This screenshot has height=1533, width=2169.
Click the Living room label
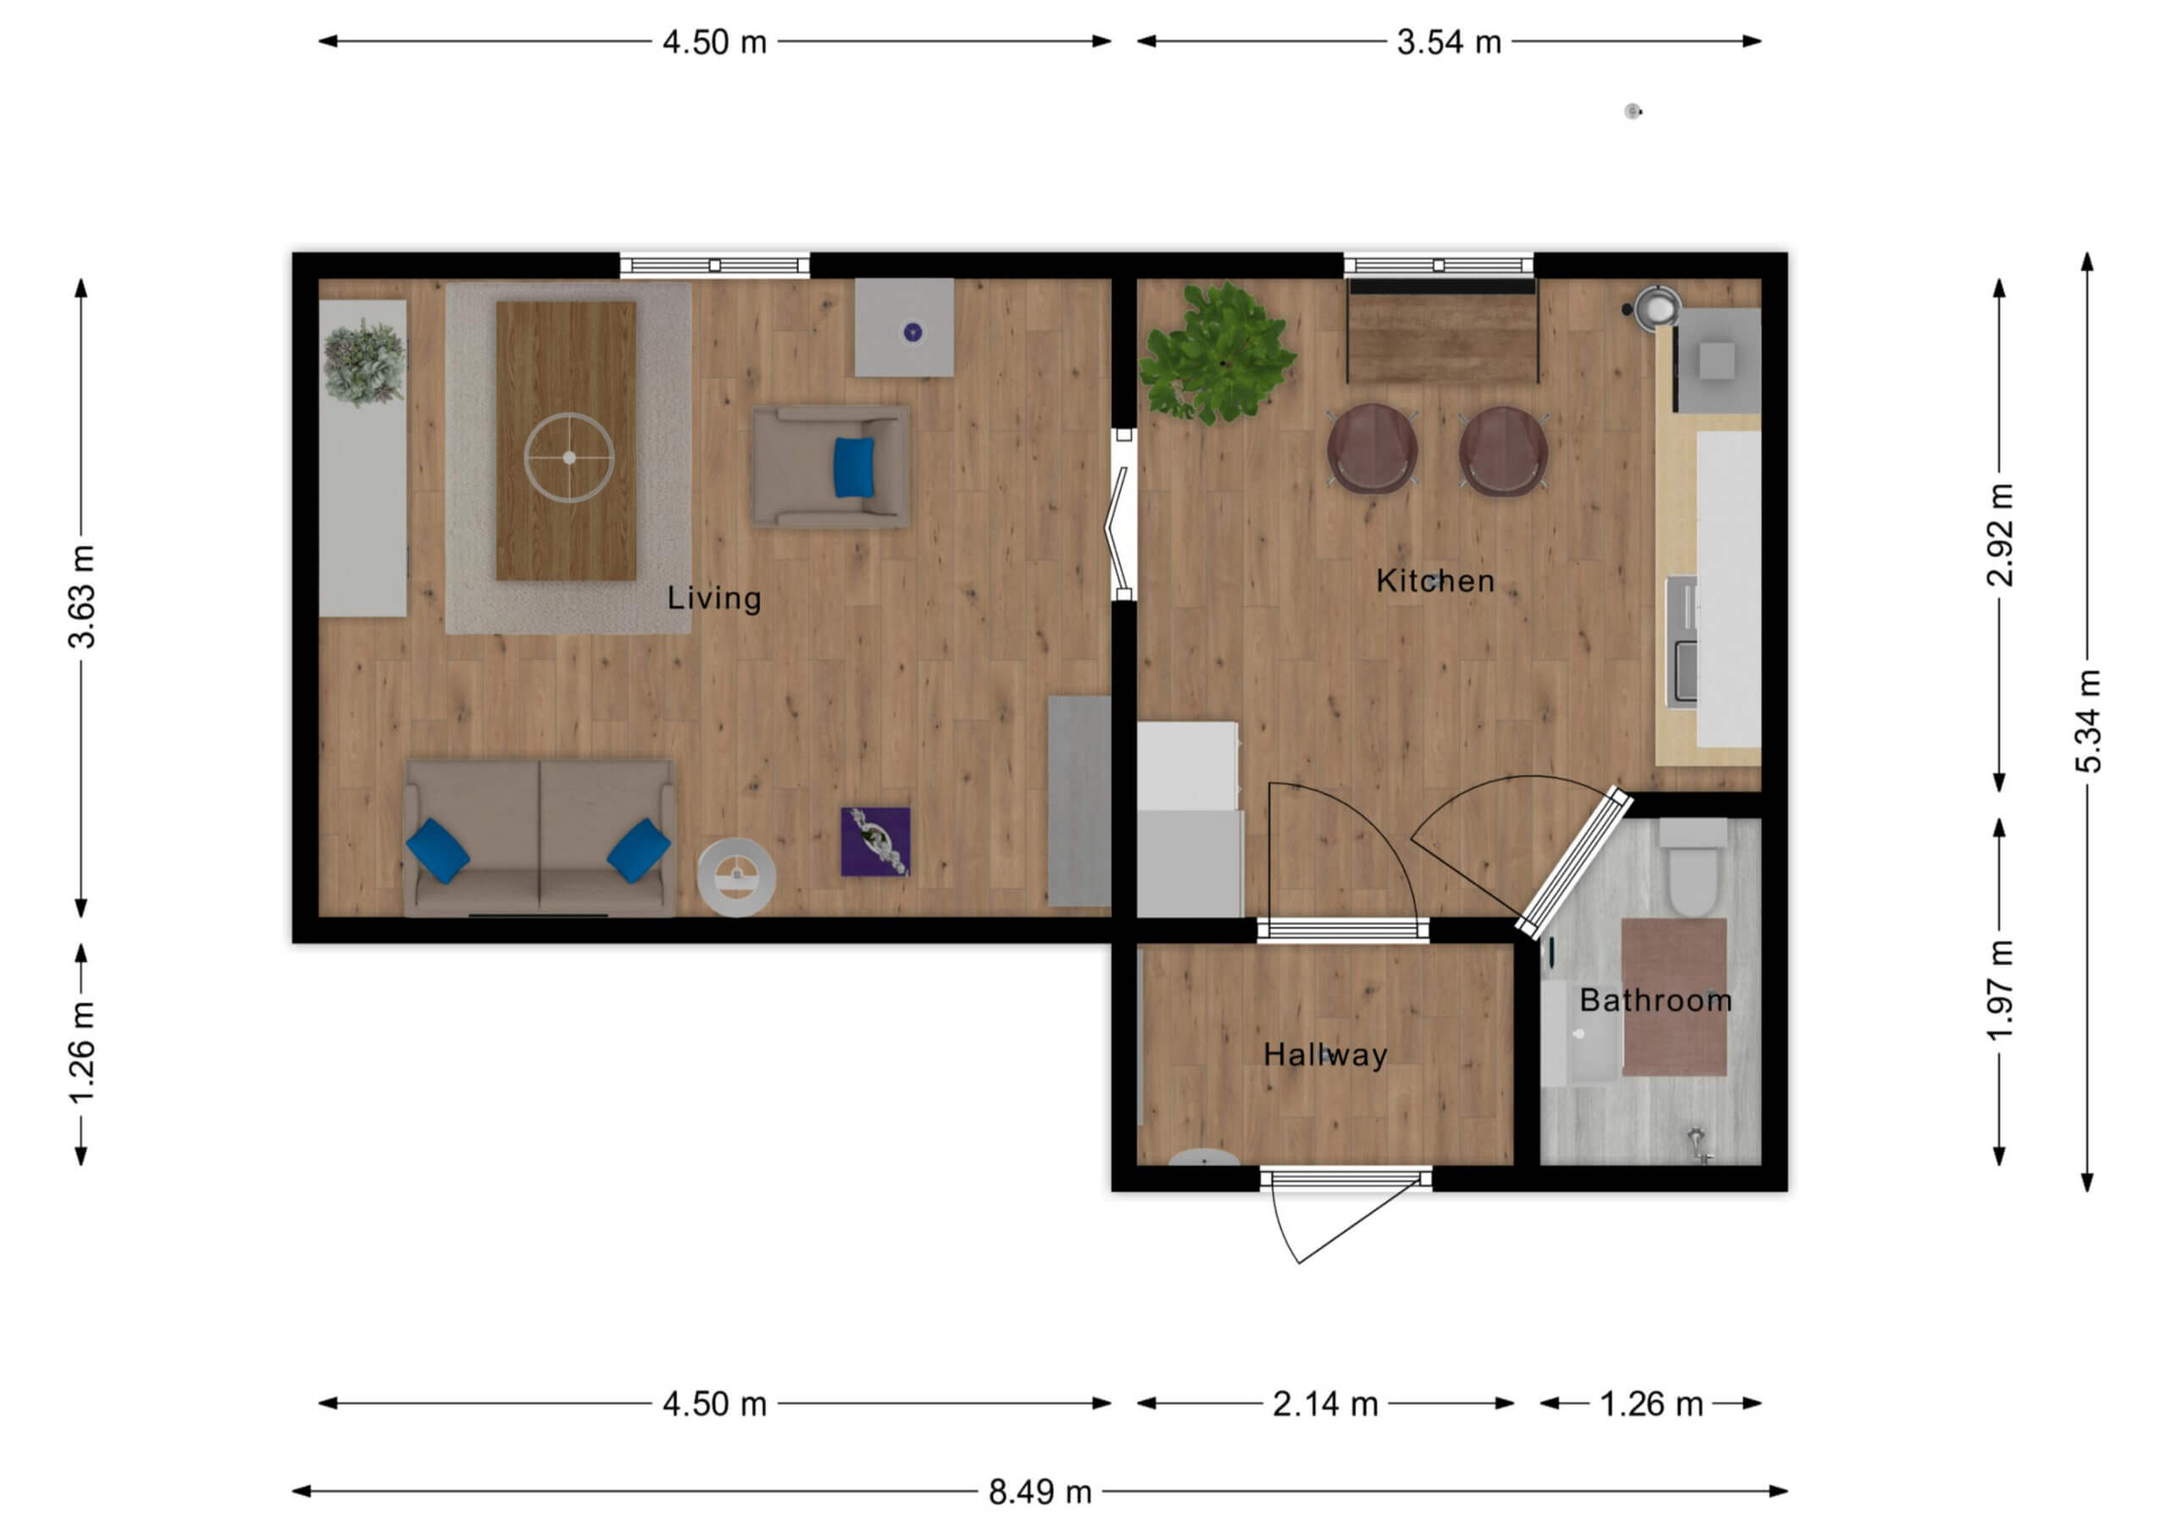714,598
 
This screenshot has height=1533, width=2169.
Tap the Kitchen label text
1435,581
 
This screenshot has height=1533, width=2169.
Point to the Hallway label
1325,1055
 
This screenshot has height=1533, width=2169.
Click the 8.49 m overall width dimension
1040,1492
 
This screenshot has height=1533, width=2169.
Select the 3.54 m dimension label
1449,42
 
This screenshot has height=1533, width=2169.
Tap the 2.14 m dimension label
1324,1404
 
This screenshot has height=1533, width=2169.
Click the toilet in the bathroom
1693,867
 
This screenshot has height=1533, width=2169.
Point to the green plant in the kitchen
1217,352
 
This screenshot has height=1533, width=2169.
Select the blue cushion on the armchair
854,467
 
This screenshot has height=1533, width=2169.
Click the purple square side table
876,842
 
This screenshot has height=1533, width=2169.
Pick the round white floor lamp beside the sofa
737,877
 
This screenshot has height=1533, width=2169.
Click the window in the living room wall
714,265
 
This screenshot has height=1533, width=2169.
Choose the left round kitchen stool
1372,450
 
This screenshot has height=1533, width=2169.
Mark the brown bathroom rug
1674,998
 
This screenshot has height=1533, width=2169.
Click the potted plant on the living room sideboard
363,362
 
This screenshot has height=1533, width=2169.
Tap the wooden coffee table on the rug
566,441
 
